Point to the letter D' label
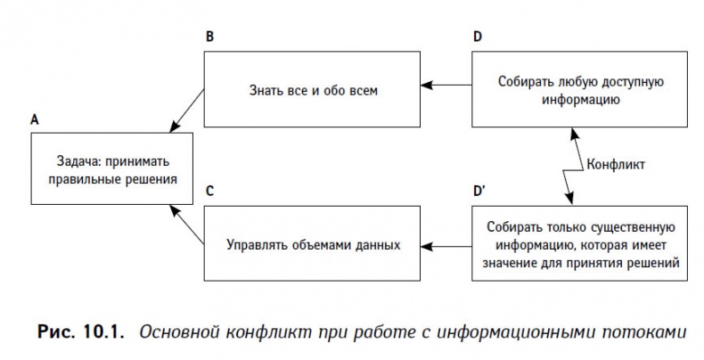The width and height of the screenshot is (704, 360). pos(479,190)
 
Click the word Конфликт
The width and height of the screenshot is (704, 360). pos(616,165)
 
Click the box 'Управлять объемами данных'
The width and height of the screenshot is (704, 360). pos(310,241)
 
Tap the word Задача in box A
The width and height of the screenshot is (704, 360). pos(74,160)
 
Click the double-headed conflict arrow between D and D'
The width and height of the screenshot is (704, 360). pos(571,165)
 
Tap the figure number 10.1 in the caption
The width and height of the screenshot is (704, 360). pos(98,332)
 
